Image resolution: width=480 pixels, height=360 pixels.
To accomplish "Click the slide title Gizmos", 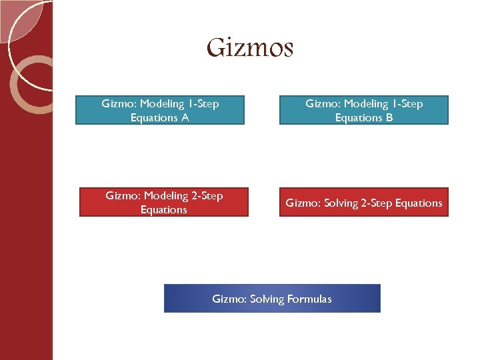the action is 249,48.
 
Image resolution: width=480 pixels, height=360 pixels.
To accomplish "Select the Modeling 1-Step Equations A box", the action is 160,111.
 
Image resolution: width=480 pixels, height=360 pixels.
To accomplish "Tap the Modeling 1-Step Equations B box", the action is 364,111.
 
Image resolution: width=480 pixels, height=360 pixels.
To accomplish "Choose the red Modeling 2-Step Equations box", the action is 164,203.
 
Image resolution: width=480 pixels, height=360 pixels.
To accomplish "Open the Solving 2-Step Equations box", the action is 364,203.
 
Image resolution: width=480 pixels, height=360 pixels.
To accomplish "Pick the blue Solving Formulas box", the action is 272,299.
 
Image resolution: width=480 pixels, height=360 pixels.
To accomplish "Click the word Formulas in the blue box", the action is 309,299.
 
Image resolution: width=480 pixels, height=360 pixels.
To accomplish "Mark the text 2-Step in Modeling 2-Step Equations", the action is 206,196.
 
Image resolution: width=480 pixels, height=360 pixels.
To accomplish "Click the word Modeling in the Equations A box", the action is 163,104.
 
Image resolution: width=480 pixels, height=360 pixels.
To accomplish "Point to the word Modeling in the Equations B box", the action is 367,104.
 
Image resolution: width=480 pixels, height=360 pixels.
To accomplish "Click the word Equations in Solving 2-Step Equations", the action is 419,203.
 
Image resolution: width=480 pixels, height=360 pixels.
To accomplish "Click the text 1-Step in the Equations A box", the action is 203,104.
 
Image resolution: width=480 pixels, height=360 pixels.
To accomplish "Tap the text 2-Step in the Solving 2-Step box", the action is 377,203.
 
